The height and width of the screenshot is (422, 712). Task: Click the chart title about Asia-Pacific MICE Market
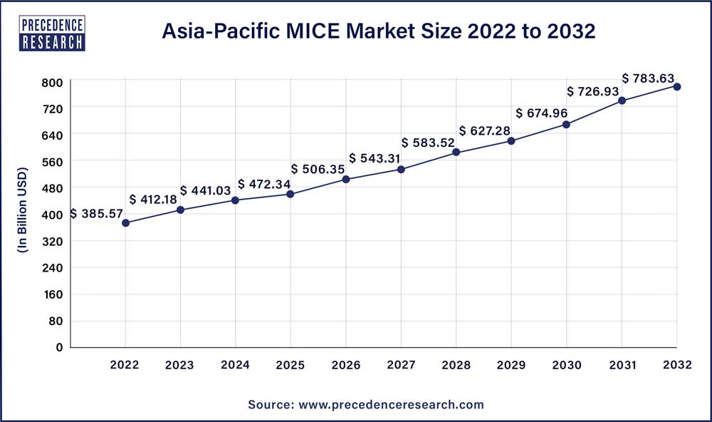click(378, 31)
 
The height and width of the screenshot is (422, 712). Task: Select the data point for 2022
click(125, 223)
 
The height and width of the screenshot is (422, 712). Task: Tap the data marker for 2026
click(346, 179)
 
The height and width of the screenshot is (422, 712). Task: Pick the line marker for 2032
click(677, 86)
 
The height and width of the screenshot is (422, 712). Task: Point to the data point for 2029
click(511, 140)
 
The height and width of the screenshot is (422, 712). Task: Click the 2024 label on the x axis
click(235, 365)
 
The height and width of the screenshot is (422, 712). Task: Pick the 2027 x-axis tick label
click(401, 365)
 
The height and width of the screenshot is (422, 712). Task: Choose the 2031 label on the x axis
click(622, 365)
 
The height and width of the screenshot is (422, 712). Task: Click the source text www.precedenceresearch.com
click(365, 404)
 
